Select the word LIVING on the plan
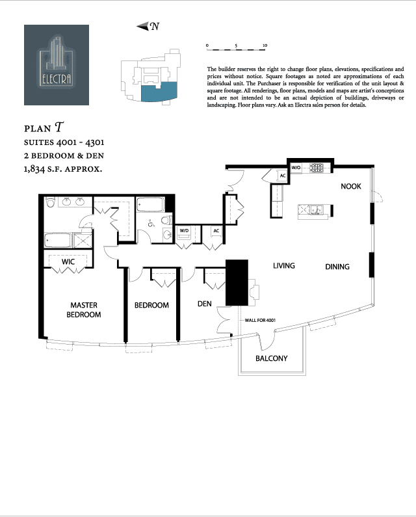(x=284, y=266)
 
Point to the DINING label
(x=337, y=267)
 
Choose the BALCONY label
(x=271, y=358)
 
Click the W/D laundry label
(x=183, y=231)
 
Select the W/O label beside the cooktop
(x=296, y=168)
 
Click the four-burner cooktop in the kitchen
(x=317, y=168)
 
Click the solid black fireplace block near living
(x=237, y=282)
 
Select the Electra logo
(x=57, y=65)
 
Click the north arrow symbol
(x=148, y=27)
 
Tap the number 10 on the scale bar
(x=265, y=46)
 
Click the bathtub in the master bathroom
(x=58, y=241)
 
